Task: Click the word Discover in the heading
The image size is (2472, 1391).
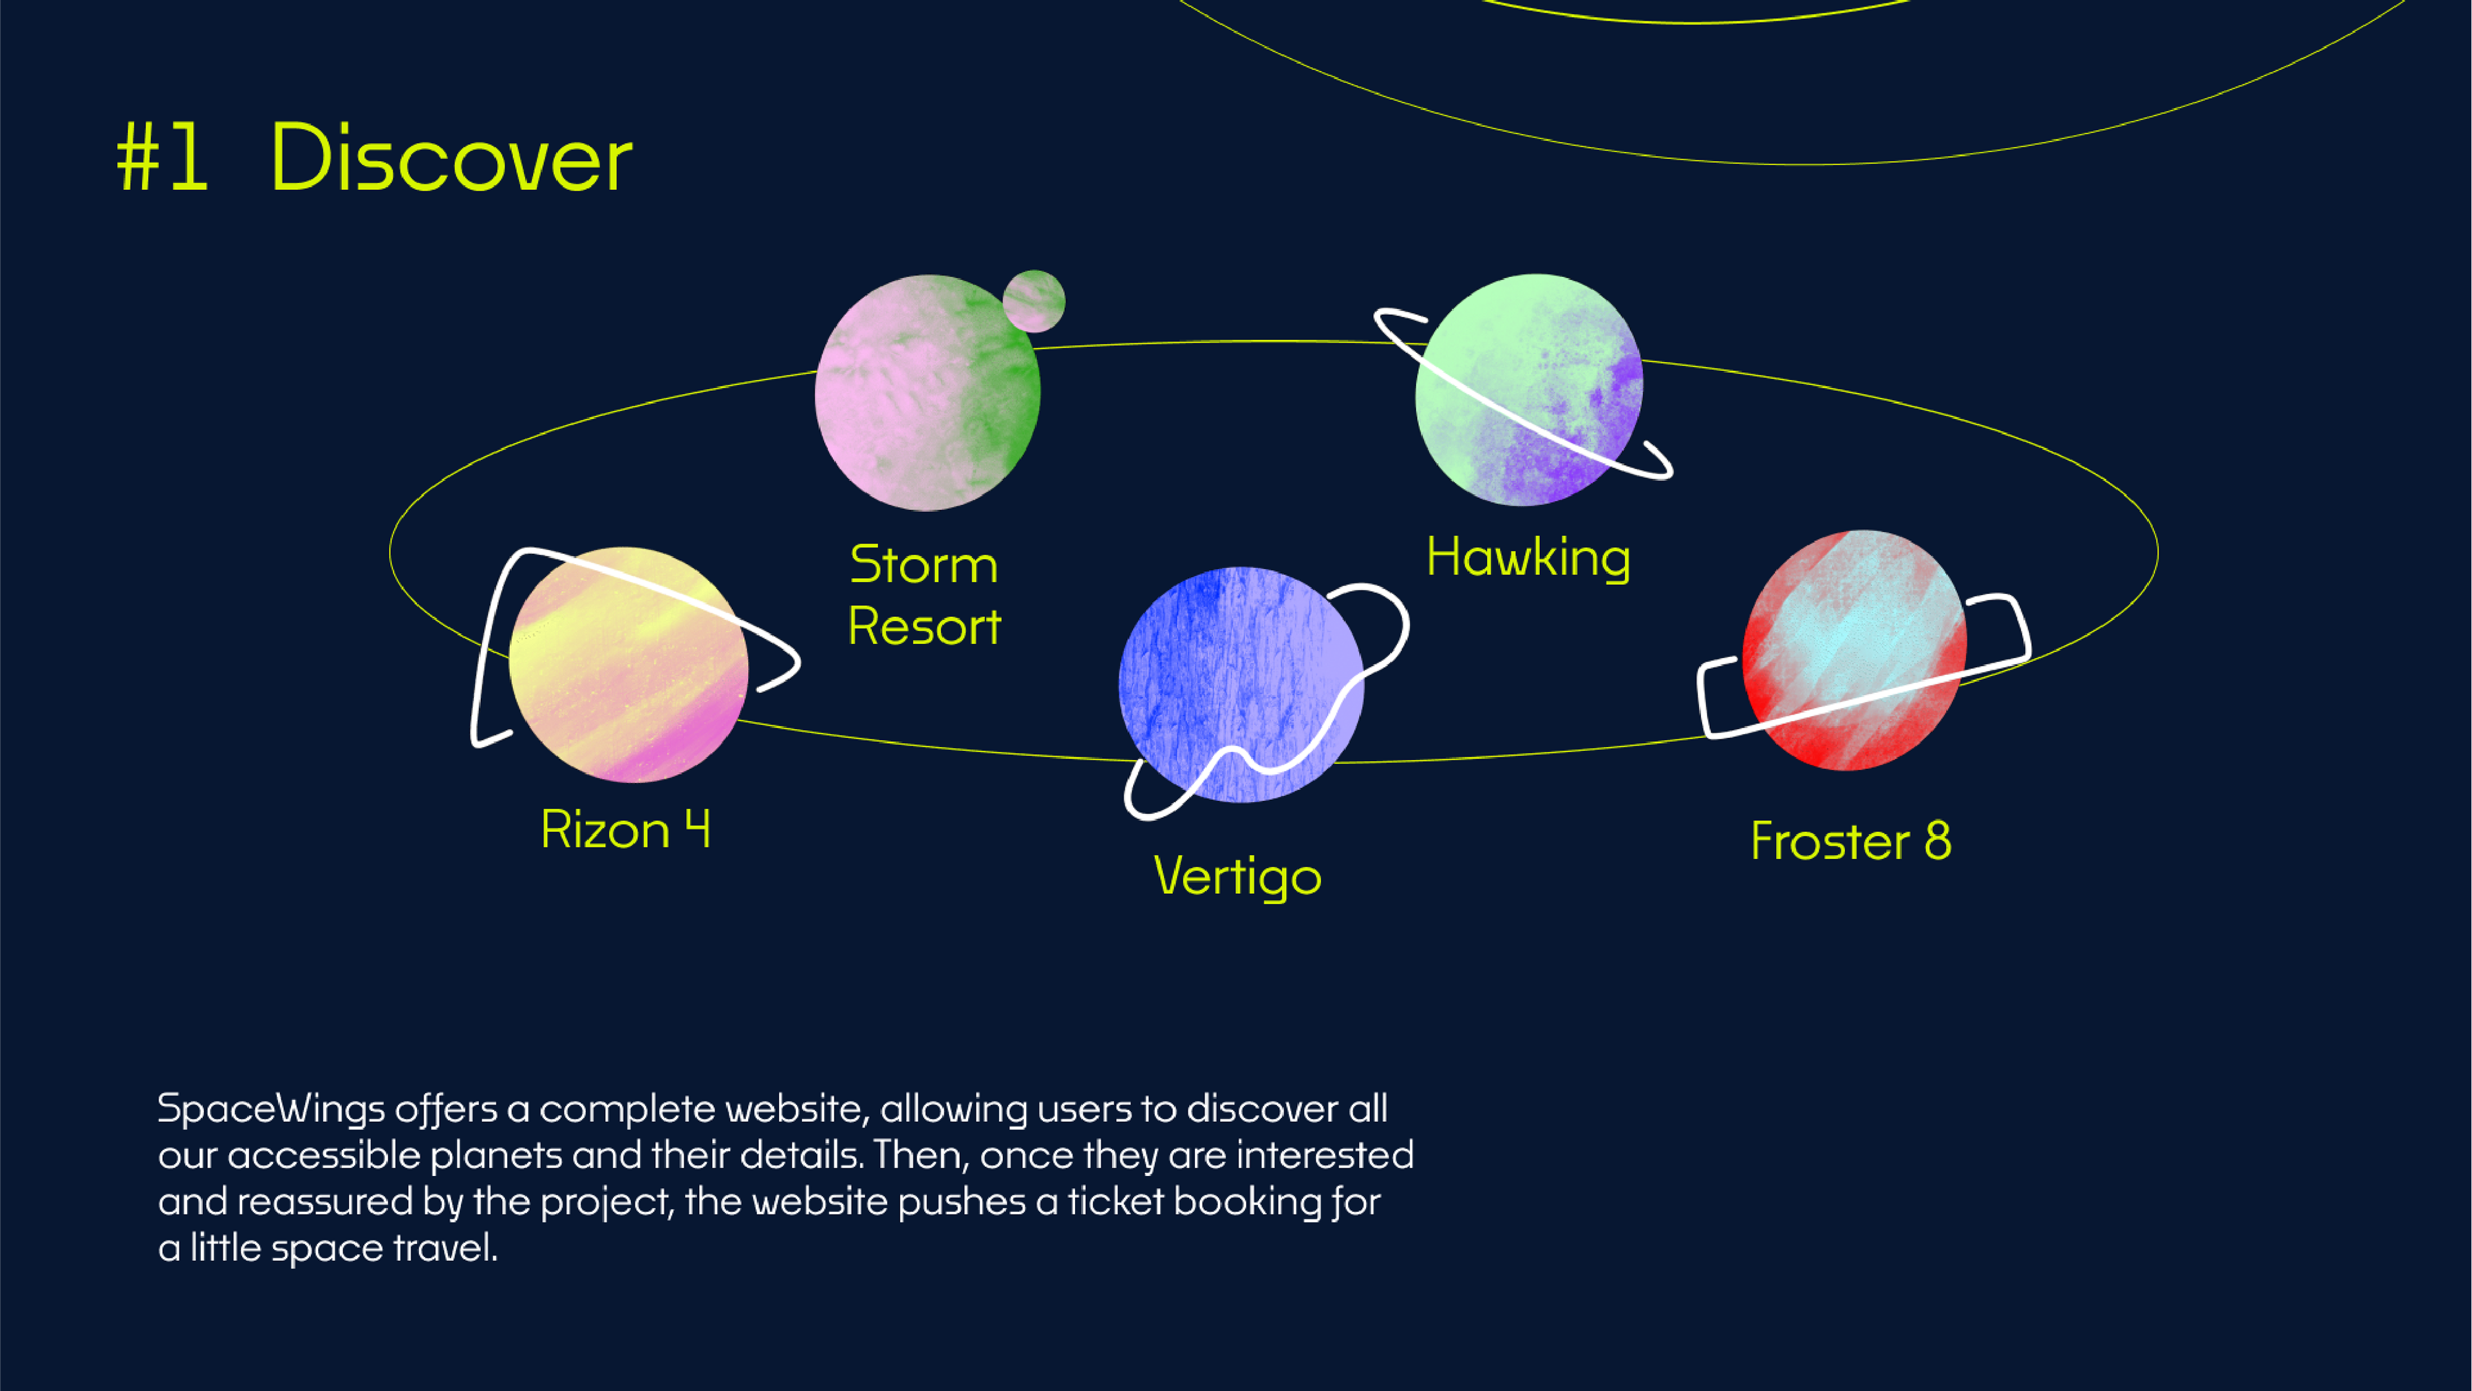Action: [x=452, y=157]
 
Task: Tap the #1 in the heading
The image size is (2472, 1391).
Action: [x=161, y=157]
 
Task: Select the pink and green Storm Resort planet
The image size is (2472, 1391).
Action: [x=927, y=393]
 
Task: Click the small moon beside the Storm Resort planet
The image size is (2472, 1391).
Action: [x=1033, y=301]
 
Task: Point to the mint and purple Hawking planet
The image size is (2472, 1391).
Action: [x=1530, y=390]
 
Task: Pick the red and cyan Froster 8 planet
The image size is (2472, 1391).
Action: [x=1854, y=650]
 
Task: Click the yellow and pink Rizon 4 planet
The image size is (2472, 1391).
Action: [x=628, y=665]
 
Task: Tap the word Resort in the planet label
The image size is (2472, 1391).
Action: [x=925, y=627]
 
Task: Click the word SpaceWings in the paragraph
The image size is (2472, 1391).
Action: [x=272, y=1109]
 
